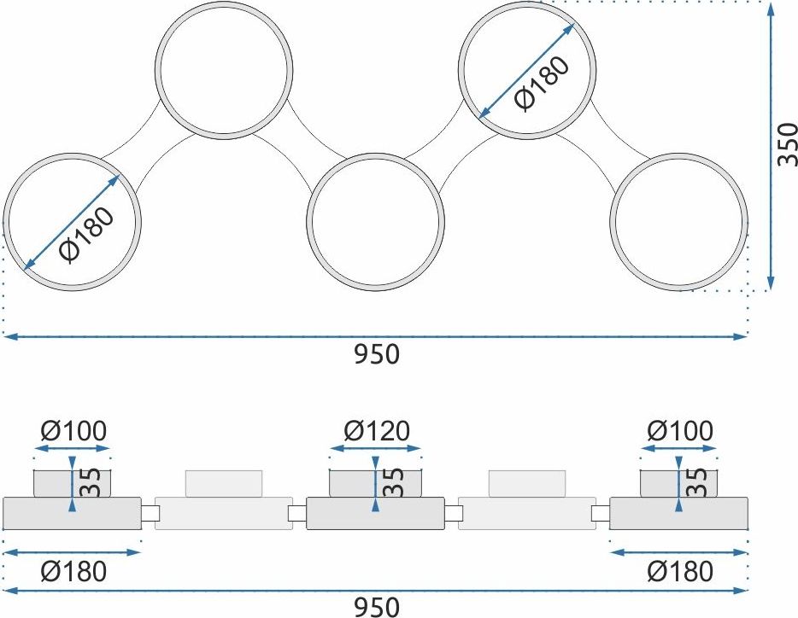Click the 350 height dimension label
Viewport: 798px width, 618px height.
[x=787, y=144]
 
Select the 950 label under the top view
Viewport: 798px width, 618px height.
[x=377, y=354]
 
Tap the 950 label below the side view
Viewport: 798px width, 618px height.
[x=377, y=607]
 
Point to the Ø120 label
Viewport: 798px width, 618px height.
[x=377, y=431]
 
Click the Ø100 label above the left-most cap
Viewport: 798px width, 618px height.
[x=73, y=431]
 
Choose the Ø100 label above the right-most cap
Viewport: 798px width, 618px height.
[x=680, y=431]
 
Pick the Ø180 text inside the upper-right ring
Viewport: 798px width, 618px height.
[x=542, y=83]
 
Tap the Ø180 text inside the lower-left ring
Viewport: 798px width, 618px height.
[x=86, y=235]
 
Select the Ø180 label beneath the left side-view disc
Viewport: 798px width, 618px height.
[x=73, y=571]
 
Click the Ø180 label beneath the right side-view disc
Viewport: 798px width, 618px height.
[x=680, y=571]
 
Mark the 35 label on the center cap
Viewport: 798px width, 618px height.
[x=393, y=482]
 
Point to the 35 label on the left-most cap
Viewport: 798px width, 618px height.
[x=90, y=482]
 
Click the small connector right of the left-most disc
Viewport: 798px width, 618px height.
[x=150, y=513]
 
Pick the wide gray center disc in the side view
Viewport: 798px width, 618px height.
[x=375, y=513]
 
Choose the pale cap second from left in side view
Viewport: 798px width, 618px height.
[x=224, y=484]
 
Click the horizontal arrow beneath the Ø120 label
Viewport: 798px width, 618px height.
[x=375, y=449]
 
